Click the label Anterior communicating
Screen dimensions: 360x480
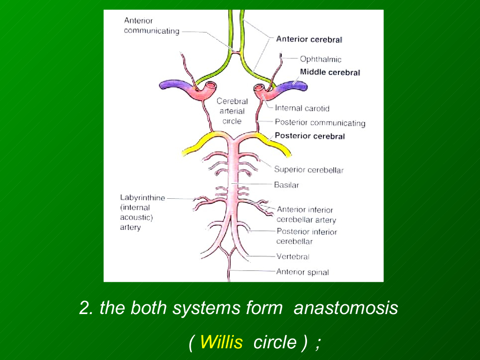coord(151,26)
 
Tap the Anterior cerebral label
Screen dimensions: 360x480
coord(309,39)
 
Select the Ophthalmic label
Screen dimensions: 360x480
coord(321,59)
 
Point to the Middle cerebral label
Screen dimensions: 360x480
coord(330,72)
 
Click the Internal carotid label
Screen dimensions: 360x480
coord(302,108)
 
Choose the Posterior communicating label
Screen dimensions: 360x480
coord(320,123)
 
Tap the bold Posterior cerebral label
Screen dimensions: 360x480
coord(309,136)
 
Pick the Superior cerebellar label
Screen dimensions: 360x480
coord(308,170)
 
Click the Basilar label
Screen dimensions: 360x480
coord(286,185)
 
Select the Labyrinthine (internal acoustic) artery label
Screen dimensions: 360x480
coord(142,212)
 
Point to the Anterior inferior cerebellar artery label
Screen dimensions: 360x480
coord(306,215)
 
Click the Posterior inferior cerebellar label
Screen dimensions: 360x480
coord(307,236)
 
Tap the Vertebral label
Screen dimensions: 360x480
coord(293,256)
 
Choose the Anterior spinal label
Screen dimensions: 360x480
coord(302,272)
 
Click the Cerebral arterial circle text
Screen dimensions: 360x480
coord(232,111)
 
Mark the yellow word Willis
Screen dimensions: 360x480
coord(221,343)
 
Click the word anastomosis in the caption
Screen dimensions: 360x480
coord(345,308)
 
